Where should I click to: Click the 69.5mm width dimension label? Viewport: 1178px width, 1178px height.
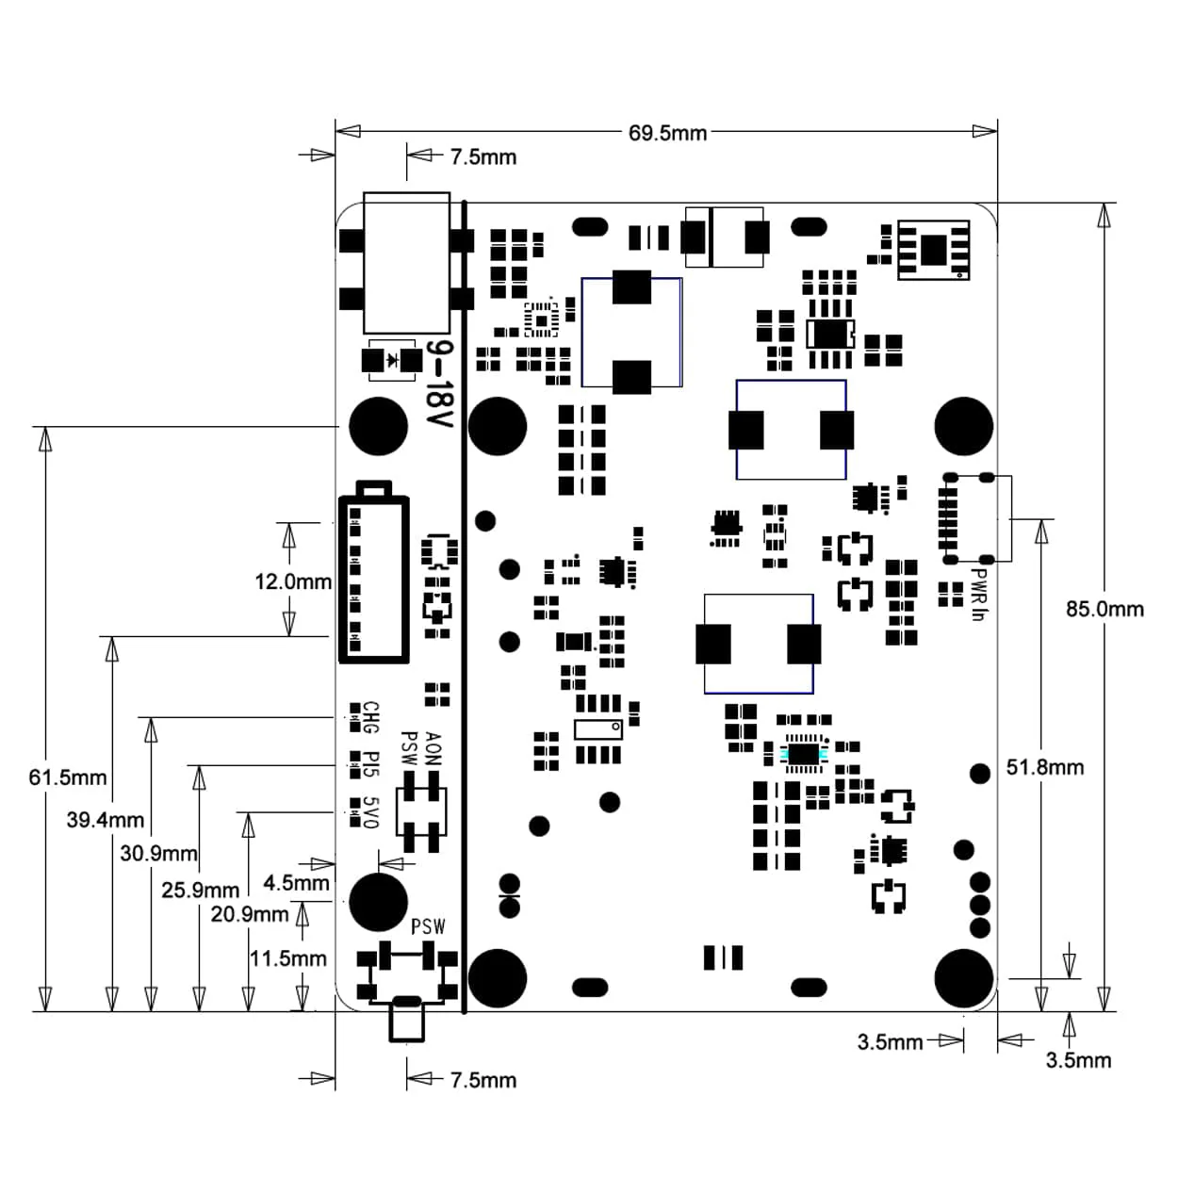(667, 133)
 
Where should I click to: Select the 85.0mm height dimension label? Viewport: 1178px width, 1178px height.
(1104, 609)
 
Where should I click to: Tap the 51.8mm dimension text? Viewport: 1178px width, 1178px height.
(1044, 767)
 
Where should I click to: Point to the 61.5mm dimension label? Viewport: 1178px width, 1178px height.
(68, 777)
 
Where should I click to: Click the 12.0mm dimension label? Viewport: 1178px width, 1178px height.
(293, 581)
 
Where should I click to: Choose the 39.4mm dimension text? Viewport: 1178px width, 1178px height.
(105, 820)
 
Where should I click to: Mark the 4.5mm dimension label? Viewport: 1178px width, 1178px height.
(296, 883)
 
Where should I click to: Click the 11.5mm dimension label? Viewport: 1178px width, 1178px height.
(287, 958)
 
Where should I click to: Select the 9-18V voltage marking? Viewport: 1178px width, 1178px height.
(438, 384)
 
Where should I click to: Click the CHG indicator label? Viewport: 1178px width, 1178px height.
(370, 718)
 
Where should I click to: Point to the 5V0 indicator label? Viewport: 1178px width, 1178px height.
(370, 812)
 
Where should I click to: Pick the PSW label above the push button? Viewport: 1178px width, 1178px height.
(428, 926)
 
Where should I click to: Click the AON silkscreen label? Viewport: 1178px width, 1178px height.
(433, 748)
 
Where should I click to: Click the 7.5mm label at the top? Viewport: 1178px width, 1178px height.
(483, 157)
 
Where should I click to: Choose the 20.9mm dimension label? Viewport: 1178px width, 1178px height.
(249, 914)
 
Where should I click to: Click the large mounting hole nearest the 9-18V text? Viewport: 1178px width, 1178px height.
(379, 426)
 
